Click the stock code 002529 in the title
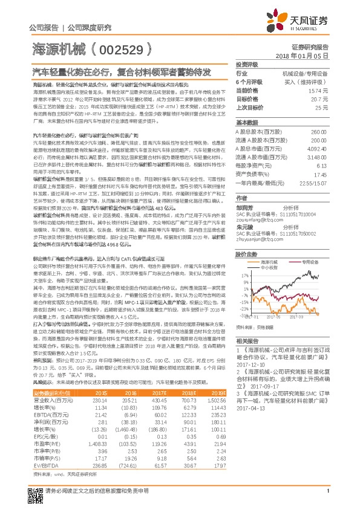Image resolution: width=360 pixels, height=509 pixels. point(125,48)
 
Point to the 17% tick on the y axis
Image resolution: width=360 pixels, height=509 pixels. point(241,275)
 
